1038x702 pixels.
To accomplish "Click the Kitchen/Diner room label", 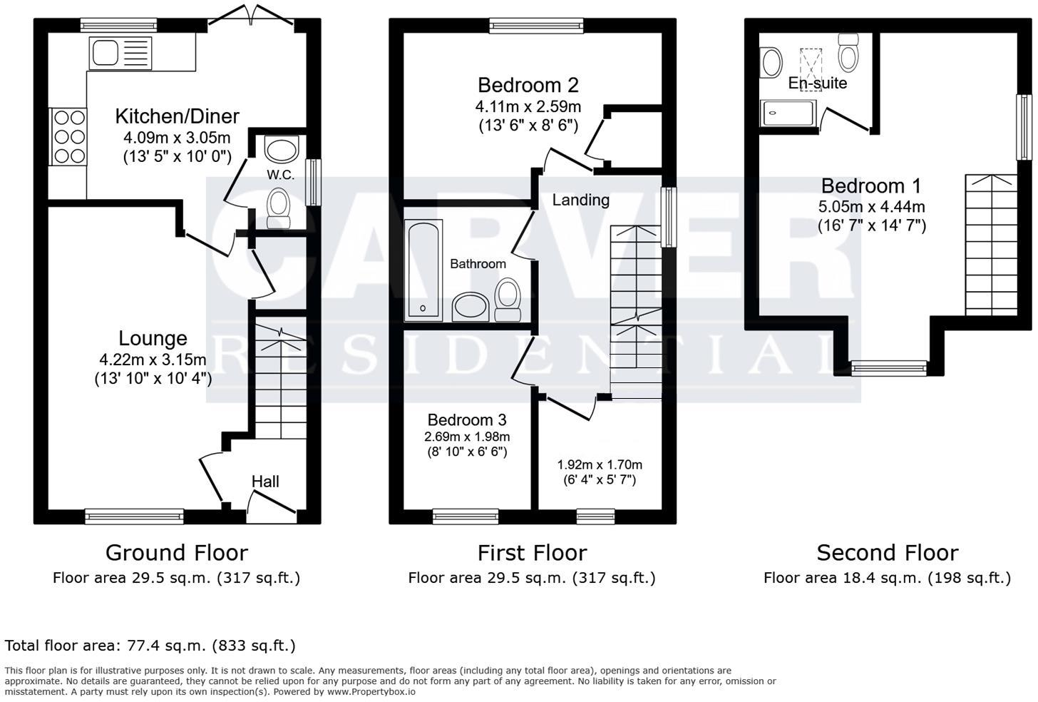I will coord(177,116).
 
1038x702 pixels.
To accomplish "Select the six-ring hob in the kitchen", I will coord(68,136).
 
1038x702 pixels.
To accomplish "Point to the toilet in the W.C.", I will coord(278,205).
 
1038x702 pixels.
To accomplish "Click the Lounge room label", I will coord(153,339).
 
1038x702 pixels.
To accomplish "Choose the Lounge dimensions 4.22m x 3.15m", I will coord(153,360).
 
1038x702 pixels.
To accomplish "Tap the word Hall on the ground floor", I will coord(265,482).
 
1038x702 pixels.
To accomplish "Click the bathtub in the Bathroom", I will coord(423,268).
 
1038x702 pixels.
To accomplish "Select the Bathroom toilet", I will coord(507,300).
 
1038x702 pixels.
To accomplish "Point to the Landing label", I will coord(580,200).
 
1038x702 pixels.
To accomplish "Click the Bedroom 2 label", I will coord(528,86).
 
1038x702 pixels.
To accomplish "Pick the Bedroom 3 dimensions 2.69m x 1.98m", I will coord(467,437).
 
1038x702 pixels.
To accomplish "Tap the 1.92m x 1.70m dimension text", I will coord(599,464).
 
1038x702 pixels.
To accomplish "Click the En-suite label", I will coord(817,83).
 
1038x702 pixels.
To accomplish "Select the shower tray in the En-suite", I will coord(788,113).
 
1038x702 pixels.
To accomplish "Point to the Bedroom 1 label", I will coord(870,186).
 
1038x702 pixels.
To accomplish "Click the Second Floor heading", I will coord(887,553).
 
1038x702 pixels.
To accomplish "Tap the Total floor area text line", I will coord(150,646).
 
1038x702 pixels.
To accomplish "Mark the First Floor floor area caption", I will coord(531,578).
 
